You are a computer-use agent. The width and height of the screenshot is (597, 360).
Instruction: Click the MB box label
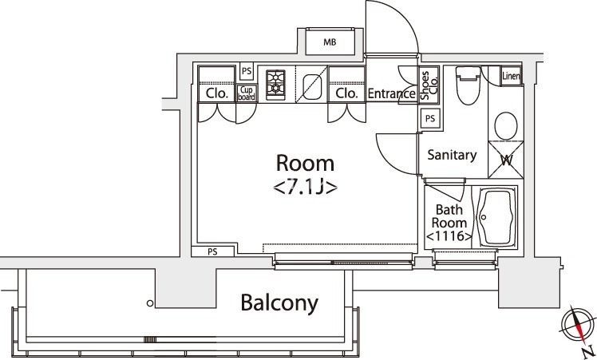click(329, 43)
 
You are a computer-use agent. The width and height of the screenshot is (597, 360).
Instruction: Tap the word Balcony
click(279, 303)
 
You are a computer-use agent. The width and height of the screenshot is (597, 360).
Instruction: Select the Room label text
click(304, 164)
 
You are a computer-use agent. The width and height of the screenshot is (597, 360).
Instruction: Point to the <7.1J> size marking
click(304, 188)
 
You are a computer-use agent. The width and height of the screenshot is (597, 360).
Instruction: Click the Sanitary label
click(452, 155)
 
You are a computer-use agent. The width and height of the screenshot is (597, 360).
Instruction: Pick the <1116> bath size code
click(449, 238)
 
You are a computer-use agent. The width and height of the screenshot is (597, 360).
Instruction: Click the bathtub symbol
click(496, 219)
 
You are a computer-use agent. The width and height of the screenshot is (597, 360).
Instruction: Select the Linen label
click(511, 76)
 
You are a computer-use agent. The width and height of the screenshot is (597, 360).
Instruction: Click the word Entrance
click(391, 93)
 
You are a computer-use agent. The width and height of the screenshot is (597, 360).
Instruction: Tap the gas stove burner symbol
click(276, 81)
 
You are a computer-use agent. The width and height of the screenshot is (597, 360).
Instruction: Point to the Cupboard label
click(247, 93)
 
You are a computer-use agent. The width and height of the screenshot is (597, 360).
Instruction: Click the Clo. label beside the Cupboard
click(216, 93)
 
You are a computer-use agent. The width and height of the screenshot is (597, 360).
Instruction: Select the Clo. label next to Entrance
click(346, 93)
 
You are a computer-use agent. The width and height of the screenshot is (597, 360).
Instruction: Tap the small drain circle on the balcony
click(149, 303)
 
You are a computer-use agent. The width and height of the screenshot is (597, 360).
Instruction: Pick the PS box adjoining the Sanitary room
click(430, 118)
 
